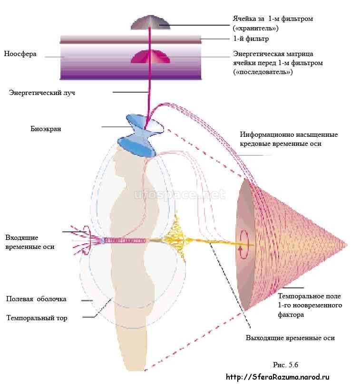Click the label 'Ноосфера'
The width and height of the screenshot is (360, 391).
point(20,54)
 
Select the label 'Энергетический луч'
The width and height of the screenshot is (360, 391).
point(42,93)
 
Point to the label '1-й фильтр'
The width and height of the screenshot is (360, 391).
point(251,38)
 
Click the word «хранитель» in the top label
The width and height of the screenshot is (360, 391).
point(256,28)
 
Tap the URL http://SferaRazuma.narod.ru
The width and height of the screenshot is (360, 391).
point(277,377)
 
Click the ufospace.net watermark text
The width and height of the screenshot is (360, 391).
point(179,194)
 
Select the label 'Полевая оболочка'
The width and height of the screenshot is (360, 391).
point(36,299)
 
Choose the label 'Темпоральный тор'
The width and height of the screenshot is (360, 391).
point(37,318)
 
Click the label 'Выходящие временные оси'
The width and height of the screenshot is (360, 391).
point(290,338)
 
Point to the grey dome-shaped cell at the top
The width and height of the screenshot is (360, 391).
point(150,22)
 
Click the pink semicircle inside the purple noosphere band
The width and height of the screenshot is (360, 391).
point(150,57)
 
